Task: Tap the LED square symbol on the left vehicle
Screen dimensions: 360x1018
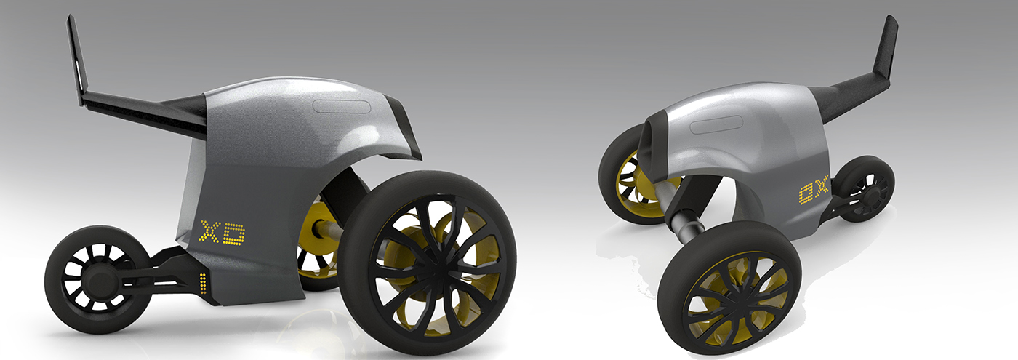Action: [x=235, y=233]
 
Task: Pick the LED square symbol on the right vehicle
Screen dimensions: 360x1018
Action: [x=804, y=193]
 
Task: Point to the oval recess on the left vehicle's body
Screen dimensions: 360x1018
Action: [x=342, y=106]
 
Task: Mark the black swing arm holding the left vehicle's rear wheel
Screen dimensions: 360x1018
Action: [x=156, y=269]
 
